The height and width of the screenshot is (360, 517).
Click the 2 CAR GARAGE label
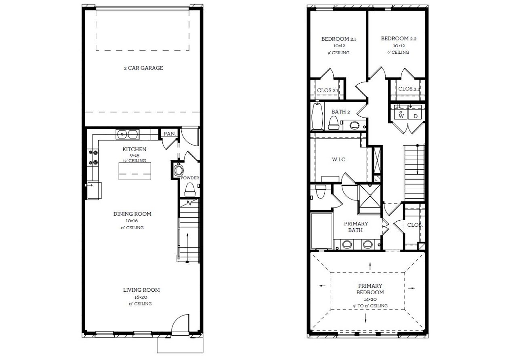coord(143,68)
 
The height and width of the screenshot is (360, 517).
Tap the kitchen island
coord(135,171)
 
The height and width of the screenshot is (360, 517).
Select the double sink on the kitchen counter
coord(127,133)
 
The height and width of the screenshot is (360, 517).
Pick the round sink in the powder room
coord(178,170)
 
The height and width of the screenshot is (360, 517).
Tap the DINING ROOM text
coord(132,214)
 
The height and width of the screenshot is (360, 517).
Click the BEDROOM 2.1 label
coord(338,39)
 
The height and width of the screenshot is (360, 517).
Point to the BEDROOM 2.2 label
coord(399,39)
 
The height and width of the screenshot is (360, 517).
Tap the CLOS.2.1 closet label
coord(328,91)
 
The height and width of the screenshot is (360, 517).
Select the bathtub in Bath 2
coord(318,116)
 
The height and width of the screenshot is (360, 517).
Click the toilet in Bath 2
coord(334,122)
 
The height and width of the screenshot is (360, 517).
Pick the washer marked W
coord(401,113)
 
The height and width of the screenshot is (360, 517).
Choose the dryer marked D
coord(415,113)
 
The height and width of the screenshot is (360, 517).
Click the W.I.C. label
coord(339,160)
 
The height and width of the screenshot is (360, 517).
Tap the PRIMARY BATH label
coord(356,227)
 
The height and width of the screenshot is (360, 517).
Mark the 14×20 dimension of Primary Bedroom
coord(370,299)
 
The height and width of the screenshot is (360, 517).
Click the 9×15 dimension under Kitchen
coord(135,155)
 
